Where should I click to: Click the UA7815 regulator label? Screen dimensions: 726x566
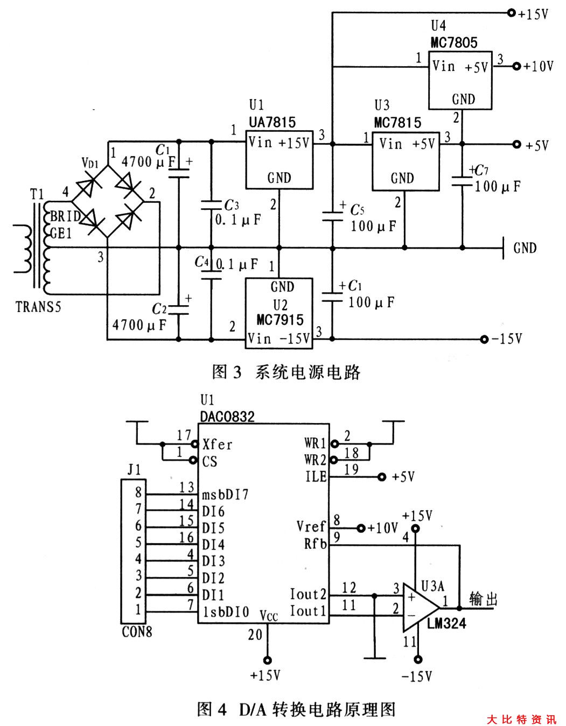pos(272,122)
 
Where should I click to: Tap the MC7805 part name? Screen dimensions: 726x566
pos(454,43)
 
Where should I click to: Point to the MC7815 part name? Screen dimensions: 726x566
pos(397,122)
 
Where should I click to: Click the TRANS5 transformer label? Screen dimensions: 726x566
pos(38,307)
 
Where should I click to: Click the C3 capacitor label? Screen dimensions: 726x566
pos(231,205)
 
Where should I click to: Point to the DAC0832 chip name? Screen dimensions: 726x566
pos(227,417)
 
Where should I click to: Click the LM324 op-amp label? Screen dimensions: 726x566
pos(446,624)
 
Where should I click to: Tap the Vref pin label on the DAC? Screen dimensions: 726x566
pos(311,526)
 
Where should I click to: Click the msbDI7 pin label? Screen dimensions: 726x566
pos(225,494)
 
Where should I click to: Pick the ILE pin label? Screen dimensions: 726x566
pos(316,477)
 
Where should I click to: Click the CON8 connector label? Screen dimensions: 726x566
pos(137,632)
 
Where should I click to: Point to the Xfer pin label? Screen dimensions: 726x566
pos(217,445)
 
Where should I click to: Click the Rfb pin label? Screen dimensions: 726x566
pos(315,544)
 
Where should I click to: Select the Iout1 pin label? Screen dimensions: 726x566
pos(308,611)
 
